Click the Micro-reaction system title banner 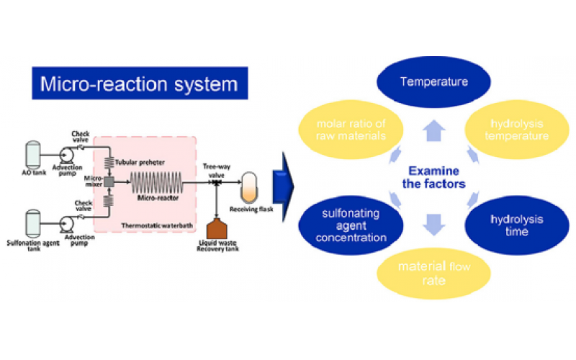pos(138,84)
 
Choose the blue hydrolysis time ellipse pos(505,225)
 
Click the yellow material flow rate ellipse pos(434,272)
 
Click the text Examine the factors pos(433,177)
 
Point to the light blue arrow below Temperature pos(434,127)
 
